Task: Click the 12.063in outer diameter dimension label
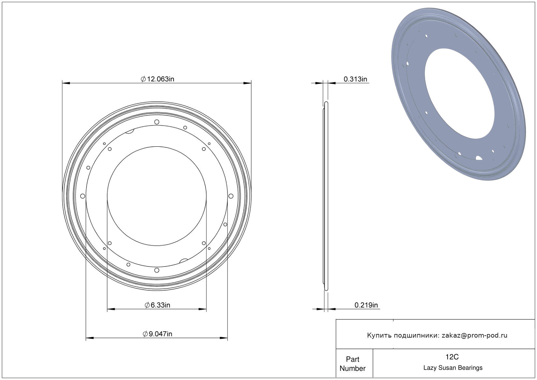point(157,79)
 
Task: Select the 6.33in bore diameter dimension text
point(157,305)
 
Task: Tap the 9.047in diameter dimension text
point(157,334)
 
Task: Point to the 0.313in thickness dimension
point(355,79)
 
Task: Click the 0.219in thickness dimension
point(366,305)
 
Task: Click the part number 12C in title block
point(452,357)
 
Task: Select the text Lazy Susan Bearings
point(453,368)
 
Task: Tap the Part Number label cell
point(352,364)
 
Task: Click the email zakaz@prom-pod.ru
point(474,335)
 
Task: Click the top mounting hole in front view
point(157,122)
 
